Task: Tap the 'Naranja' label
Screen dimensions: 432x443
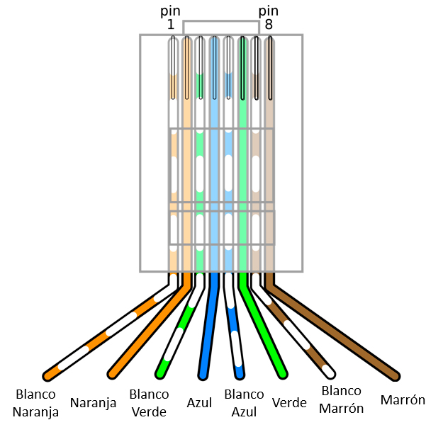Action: click(94, 403)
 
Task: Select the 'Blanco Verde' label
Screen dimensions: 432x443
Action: click(150, 402)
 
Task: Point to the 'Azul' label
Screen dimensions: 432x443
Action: click(199, 402)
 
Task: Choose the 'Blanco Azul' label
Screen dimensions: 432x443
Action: click(243, 402)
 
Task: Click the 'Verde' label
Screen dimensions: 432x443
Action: click(289, 402)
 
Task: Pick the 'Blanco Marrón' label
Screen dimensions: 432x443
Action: click(341, 399)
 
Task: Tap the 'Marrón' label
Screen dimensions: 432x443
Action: click(403, 399)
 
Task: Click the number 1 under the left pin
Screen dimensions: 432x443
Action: click(171, 25)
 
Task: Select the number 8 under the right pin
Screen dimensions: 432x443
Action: click(269, 25)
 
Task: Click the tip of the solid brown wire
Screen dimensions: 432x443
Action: click(394, 375)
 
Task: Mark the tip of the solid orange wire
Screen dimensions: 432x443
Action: click(112, 373)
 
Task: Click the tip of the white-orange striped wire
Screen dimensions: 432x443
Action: click(49, 374)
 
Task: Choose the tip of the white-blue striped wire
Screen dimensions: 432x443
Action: click(240, 373)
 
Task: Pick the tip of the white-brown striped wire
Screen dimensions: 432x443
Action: click(330, 372)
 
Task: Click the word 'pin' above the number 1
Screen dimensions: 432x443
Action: click(171, 11)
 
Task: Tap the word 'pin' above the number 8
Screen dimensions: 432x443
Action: click(269, 11)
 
